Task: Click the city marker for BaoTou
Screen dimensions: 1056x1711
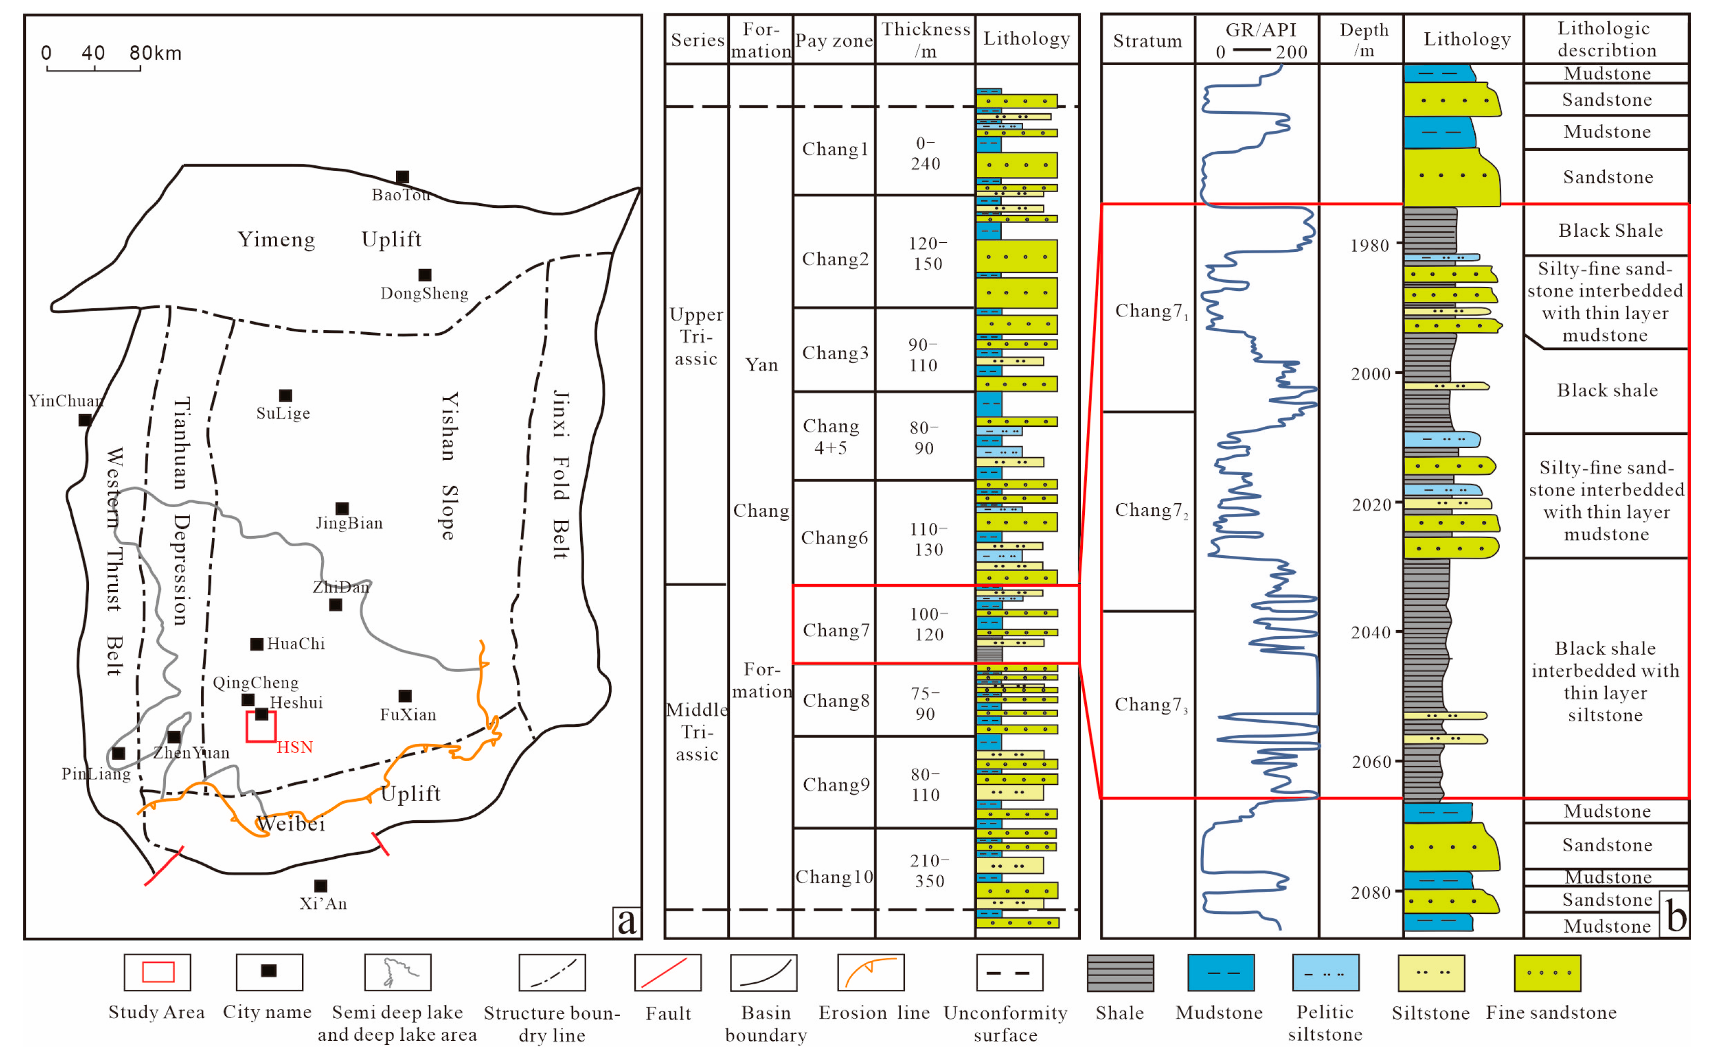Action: click(402, 177)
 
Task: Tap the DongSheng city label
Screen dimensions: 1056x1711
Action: click(424, 293)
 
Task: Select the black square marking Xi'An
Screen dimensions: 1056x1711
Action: click(321, 886)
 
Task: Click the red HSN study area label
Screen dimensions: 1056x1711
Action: click(295, 747)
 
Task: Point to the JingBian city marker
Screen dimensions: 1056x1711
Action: click(342, 508)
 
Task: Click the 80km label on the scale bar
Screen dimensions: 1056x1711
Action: click(155, 53)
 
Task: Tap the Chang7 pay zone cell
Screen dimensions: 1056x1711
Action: click(835, 630)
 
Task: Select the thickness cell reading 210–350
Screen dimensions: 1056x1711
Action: click(926, 870)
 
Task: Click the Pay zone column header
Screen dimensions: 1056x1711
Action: click(834, 40)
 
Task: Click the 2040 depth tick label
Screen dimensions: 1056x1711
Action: click(1370, 633)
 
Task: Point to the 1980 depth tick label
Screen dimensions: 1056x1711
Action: click(1370, 246)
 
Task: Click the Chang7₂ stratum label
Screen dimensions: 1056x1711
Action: click(1150, 510)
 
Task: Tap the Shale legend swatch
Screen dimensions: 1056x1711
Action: click(1120, 972)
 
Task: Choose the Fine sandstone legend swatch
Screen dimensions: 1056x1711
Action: click(1547, 972)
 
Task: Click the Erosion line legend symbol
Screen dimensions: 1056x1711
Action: click(871, 972)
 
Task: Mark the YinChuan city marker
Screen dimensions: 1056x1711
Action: click(85, 420)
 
